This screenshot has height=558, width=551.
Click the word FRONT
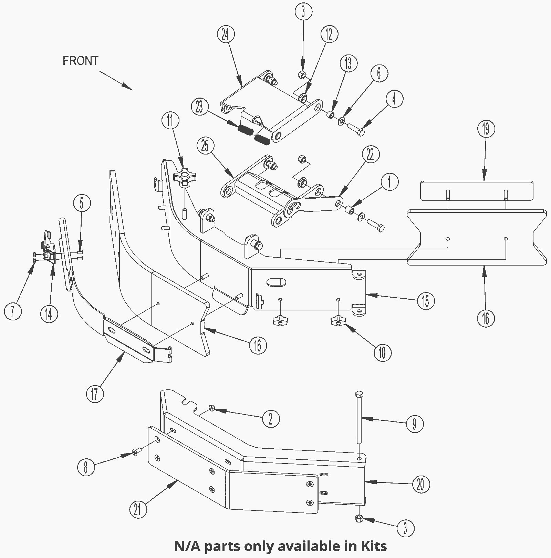coord(80,61)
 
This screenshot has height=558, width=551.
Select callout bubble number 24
coord(226,36)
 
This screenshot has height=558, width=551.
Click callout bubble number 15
coord(426,301)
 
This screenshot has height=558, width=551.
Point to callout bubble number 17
coord(95,393)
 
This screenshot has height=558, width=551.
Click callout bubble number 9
coord(414,424)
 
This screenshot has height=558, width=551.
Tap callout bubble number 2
coord(271,419)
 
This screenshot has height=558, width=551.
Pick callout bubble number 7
coord(13,312)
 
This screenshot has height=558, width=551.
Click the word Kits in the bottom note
coord(374,546)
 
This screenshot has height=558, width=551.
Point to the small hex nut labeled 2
coord(211,409)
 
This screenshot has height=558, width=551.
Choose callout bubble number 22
coord(370,156)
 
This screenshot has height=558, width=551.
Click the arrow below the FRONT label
coord(116,80)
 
